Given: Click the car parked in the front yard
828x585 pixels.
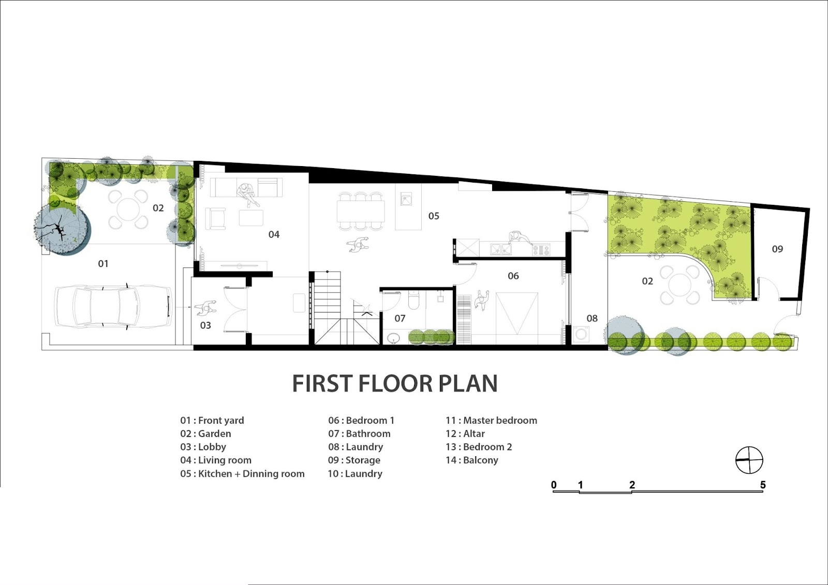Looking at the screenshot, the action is point(113,306).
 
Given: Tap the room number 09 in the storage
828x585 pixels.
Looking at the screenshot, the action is point(777,249).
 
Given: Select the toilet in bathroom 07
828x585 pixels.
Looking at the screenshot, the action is point(413,300).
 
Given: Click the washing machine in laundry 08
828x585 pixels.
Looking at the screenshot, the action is point(582,334).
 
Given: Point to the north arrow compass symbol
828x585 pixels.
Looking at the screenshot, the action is point(749,460).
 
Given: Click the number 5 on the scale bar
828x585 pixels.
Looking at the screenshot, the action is point(763,485).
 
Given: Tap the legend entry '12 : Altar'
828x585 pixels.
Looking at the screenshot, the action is point(465,433).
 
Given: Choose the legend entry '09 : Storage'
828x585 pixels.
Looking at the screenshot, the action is point(354,460).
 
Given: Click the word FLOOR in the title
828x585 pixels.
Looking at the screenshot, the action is point(395,383).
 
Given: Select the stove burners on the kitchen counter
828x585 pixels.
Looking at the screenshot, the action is point(541,250).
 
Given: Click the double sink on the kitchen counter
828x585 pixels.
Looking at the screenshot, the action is point(501,249).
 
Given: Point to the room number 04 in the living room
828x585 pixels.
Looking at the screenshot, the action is point(274,234).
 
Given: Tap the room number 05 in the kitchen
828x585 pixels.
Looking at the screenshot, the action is point(434,216).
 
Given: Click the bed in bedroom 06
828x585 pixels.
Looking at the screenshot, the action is point(517,313).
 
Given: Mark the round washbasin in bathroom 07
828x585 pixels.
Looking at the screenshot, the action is point(394,338).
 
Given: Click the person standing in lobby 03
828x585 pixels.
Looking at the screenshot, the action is point(205,308).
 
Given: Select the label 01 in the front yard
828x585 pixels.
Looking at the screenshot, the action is point(103,263).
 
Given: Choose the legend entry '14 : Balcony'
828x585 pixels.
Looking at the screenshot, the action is point(471,460).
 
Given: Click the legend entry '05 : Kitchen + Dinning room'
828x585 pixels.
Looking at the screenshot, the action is point(243,473).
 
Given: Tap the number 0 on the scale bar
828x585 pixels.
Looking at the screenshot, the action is point(554,485).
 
